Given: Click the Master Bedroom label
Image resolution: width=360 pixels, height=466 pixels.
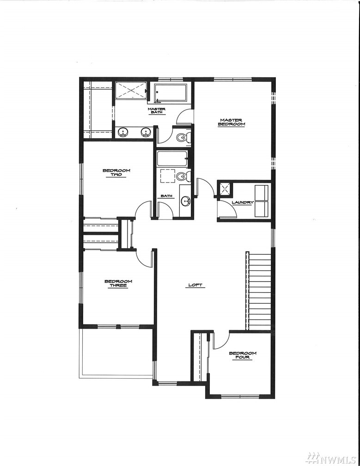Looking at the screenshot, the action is click(232, 122).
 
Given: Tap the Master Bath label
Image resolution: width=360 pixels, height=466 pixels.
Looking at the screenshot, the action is click(157, 110).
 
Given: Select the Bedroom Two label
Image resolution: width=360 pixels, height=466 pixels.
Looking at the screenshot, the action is click(116, 172).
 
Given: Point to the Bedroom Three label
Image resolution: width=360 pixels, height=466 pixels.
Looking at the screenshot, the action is click(118, 283).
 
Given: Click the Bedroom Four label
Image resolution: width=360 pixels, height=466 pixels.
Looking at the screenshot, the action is click(242, 355).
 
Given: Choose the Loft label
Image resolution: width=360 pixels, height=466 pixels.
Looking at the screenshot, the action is click(195, 285).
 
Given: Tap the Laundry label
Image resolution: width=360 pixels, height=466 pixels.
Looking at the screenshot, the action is click(243, 202).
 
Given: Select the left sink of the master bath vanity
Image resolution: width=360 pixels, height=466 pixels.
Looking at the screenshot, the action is click(122, 132).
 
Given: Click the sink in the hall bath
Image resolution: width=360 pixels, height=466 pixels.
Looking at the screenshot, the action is click(186, 201).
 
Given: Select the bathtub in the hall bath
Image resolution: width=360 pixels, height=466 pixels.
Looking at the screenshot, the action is click(172, 159).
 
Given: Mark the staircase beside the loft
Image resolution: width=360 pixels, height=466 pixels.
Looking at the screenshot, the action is click(258, 291).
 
